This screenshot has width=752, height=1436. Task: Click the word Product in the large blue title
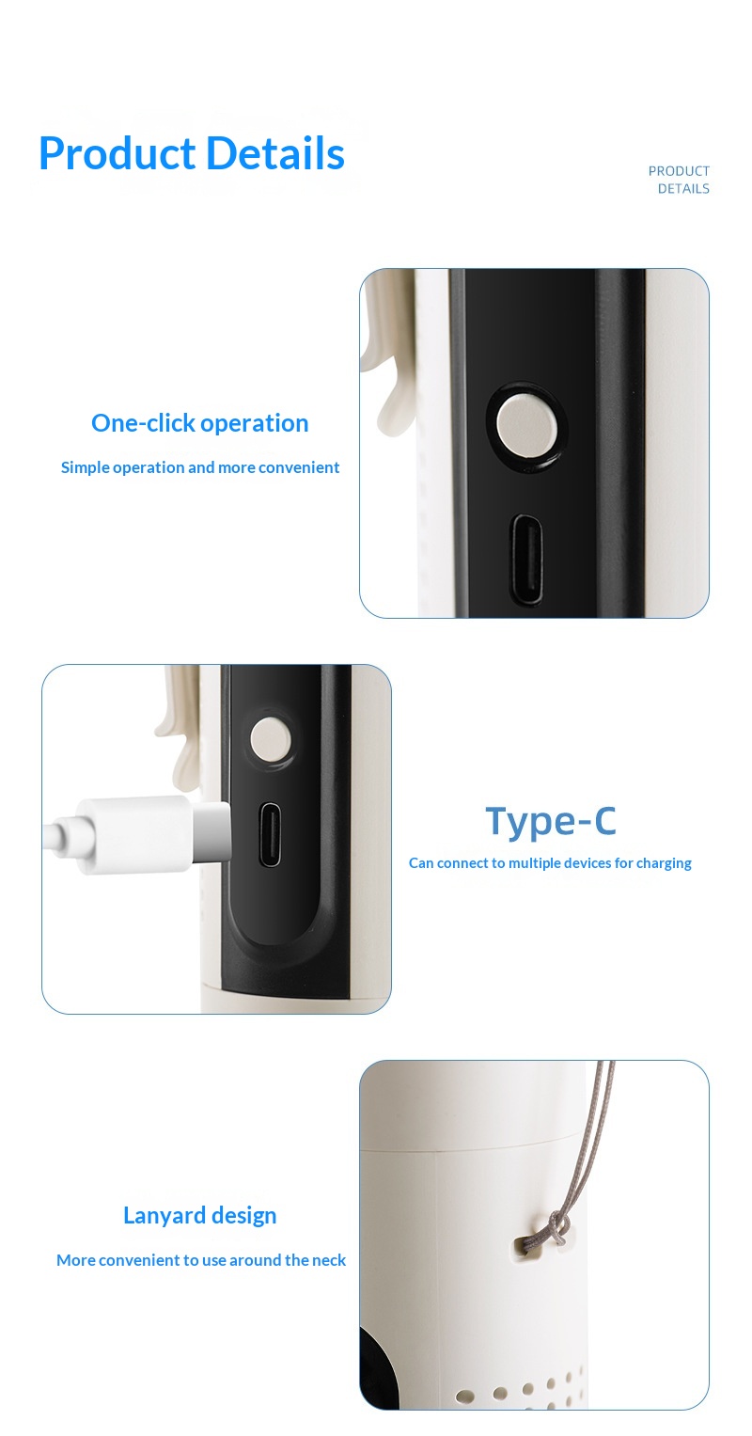tap(117, 154)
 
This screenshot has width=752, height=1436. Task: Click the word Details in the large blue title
tap(275, 154)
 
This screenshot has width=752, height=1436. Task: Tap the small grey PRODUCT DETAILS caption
tap(679, 180)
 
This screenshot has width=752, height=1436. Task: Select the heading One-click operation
tap(200, 423)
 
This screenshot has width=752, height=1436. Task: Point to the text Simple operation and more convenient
tap(200, 467)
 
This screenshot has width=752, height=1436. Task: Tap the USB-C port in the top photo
tap(527, 560)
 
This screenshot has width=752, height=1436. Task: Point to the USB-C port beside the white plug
tap(270, 835)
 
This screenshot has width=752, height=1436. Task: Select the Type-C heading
tap(551, 821)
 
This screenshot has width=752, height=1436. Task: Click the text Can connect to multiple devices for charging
tap(550, 863)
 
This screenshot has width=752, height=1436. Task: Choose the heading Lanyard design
tap(200, 1215)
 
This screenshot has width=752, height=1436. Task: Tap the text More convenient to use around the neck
tap(201, 1260)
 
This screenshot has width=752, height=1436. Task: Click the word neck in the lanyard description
tap(329, 1260)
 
